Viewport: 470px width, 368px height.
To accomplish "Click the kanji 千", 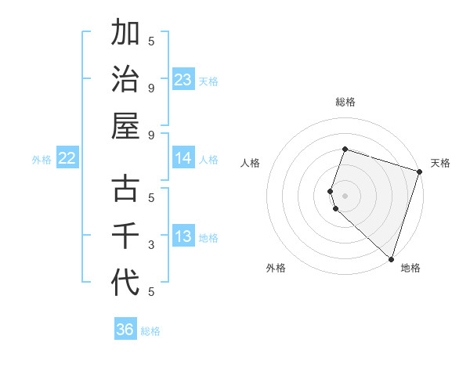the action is point(125,236).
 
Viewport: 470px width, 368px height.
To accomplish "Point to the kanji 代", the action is point(125,282).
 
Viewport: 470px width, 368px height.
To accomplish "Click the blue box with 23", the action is point(183,79).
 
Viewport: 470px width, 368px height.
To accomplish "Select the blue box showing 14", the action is point(183,158).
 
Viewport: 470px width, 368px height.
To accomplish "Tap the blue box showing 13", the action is point(183,237).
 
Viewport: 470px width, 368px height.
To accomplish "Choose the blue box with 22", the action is point(67,158).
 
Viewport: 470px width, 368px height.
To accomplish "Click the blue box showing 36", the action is point(125,330).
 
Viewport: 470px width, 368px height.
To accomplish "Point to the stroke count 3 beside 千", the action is point(151,245).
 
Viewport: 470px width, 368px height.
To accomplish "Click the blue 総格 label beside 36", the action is point(150,331).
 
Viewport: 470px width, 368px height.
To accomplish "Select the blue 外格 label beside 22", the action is point(42,160).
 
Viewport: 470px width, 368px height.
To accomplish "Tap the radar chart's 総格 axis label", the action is point(345,102).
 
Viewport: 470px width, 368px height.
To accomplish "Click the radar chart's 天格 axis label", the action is point(440,163).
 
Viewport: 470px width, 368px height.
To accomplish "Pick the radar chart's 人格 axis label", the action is point(251,163).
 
